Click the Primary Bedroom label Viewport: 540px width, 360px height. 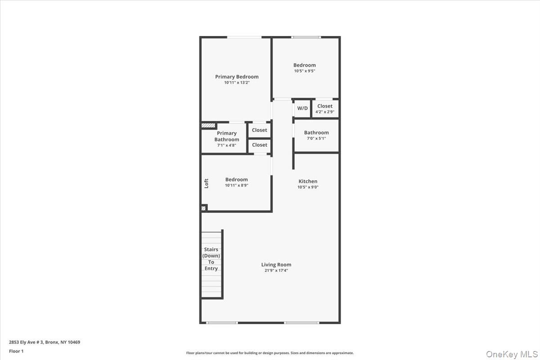(237, 77)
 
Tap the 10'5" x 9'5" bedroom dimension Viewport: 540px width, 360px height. (305, 71)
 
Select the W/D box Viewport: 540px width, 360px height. (302, 108)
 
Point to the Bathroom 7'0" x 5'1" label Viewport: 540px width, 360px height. (316, 133)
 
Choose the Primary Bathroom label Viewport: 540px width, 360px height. (227, 136)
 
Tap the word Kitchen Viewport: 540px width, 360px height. (308, 181)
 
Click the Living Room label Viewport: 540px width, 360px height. (276, 265)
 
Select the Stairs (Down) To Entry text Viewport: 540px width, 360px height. (211, 259)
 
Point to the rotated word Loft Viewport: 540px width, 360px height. (207, 183)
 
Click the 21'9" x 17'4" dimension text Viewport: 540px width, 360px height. (276, 270)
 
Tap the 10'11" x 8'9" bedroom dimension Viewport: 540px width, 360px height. (237, 185)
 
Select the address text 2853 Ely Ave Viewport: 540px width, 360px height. (45, 342)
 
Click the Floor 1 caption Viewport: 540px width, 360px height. (16, 351)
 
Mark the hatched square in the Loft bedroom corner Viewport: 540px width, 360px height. (204, 208)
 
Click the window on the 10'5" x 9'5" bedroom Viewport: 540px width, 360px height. (306, 37)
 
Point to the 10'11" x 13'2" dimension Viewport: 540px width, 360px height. (237, 83)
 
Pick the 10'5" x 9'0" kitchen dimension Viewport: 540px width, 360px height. (308, 187)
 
